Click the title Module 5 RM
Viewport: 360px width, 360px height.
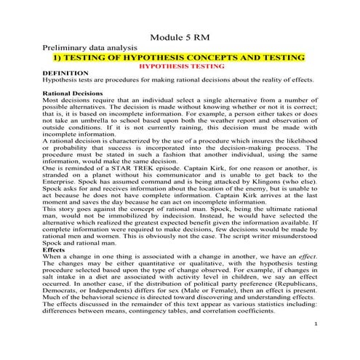(179, 37)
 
